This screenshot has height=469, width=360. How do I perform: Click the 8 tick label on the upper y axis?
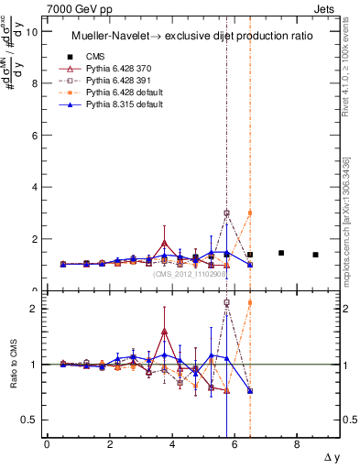(34, 83)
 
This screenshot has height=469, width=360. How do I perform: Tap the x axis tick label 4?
(172, 445)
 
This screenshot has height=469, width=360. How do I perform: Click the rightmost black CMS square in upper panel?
(315, 255)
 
